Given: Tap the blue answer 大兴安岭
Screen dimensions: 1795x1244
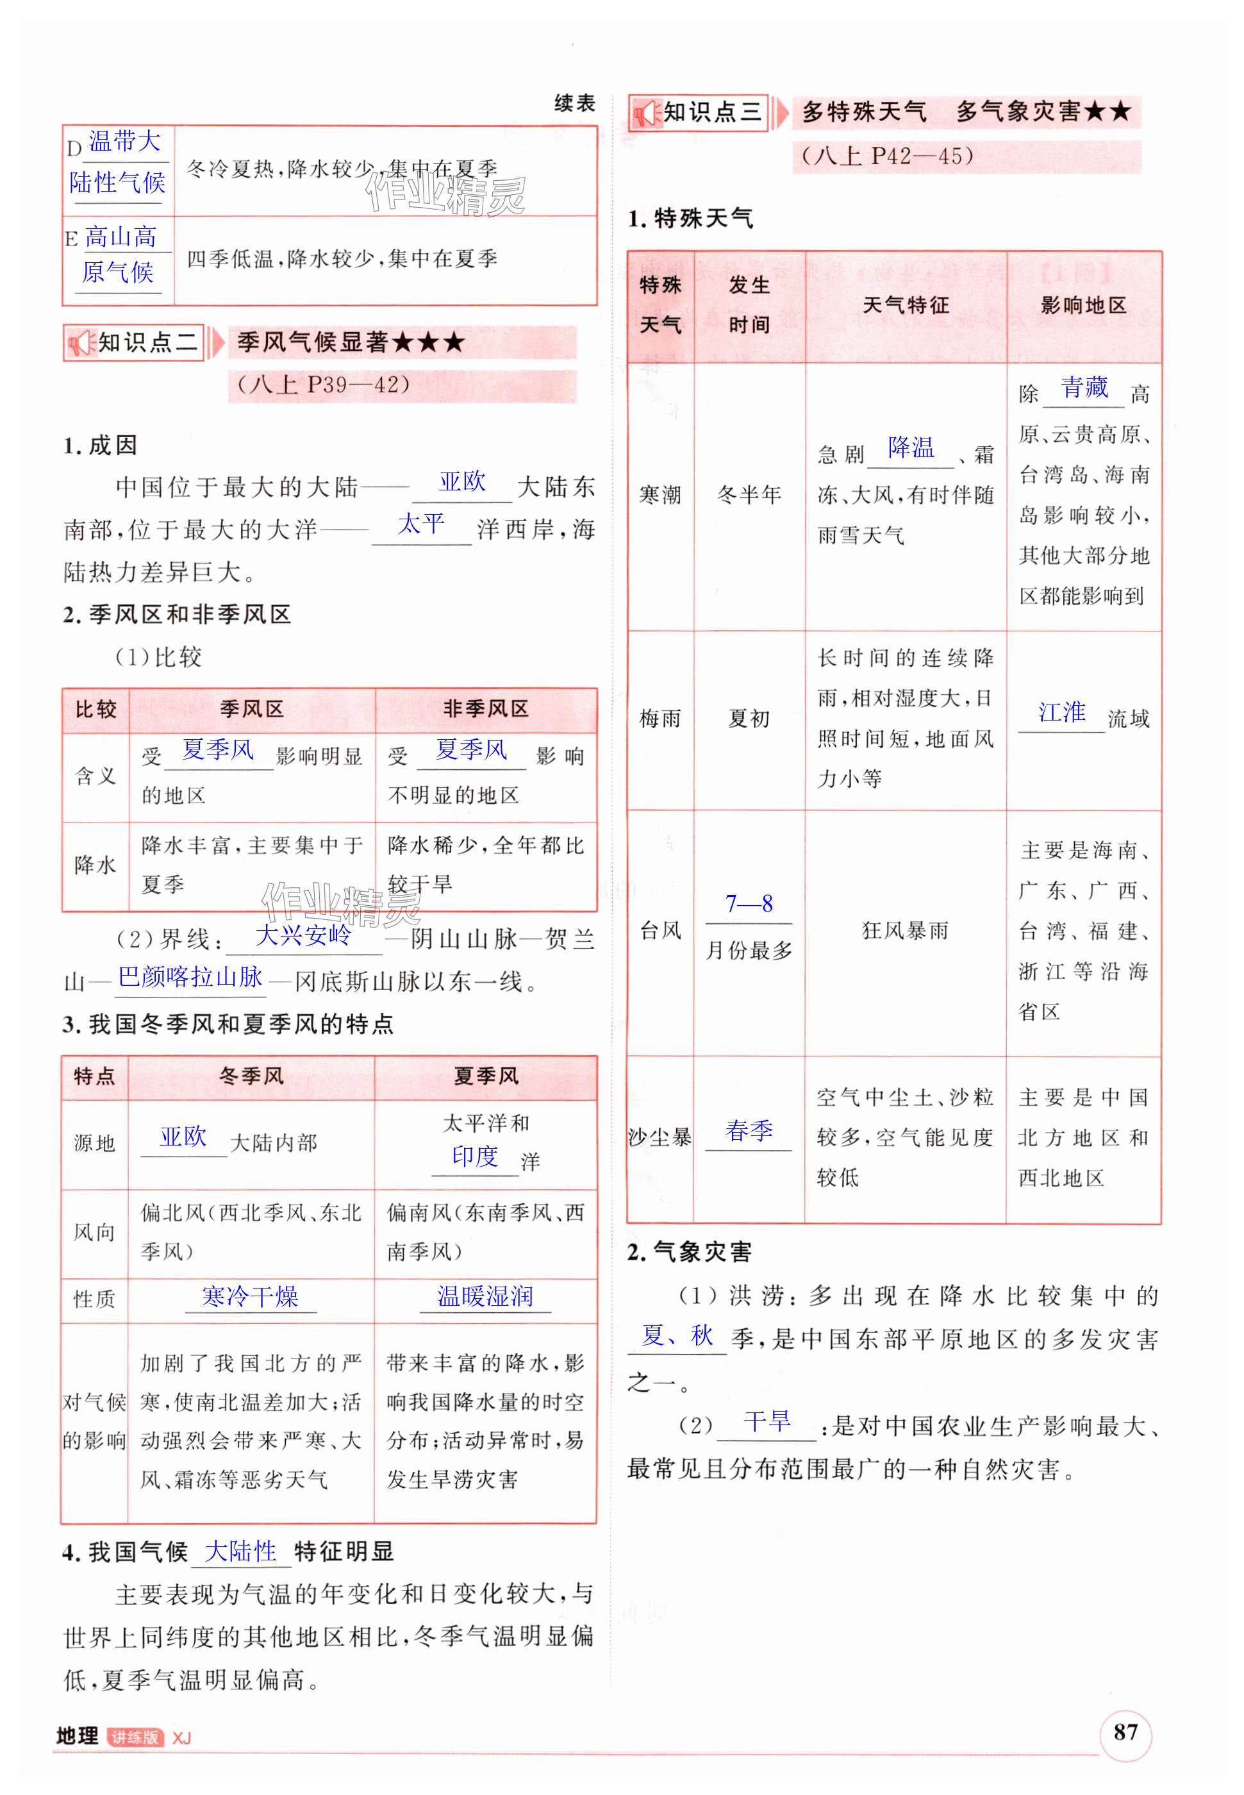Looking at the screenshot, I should click(x=303, y=935).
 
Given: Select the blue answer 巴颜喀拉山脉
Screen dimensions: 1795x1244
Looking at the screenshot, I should click(x=190, y=976).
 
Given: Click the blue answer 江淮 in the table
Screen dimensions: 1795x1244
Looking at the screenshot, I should click(x=1061, y=712).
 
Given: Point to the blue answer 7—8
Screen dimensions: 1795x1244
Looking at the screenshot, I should click(x=749, y=903).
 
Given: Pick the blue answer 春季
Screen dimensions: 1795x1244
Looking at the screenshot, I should click(x=749, y=1130).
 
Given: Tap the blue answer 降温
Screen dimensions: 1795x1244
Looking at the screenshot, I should click(x=910, y=447).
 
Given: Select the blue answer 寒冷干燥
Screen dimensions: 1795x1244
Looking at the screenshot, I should click(x=249, y=1296).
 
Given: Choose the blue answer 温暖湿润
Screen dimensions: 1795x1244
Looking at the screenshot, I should click(x=485, y=1296).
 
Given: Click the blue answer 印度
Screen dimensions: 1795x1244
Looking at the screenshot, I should click(x=475, y=1156).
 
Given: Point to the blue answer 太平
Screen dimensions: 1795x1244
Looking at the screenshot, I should click(x=421, y=524).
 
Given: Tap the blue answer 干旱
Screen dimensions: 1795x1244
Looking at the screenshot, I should click(x=767, y=1422).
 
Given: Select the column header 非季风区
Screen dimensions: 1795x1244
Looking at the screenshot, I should click(x=486, y=709).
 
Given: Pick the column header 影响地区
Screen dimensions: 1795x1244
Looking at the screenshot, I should click(x=1083, y=306).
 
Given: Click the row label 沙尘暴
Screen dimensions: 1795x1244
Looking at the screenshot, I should click(x=660, y=1138).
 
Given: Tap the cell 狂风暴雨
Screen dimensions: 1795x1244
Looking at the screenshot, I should click(x=905, y=931).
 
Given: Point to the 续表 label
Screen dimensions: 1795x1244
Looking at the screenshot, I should click(x=574, y=104).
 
